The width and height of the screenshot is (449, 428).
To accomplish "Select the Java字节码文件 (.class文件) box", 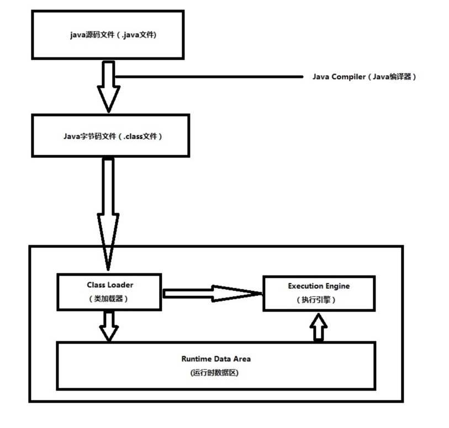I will click(111, 135).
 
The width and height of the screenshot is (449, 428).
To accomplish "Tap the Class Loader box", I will click(110, 292).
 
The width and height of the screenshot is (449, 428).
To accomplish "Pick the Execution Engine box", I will click(319, 293).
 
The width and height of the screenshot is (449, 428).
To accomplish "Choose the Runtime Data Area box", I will click(216, 365).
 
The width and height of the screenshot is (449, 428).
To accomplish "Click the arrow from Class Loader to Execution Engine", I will click(213, 293).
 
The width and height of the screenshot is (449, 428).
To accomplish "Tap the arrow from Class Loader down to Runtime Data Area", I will click(109, 325).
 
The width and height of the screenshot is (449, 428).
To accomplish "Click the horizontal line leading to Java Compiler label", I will click(210, 77).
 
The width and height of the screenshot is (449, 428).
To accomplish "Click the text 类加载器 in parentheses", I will click(110, 299).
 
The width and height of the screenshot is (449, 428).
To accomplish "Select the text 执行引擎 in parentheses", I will click(319, 300).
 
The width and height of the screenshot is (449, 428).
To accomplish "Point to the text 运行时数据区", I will click(216, 373).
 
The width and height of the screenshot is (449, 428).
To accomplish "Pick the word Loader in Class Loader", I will click(122, 285).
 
